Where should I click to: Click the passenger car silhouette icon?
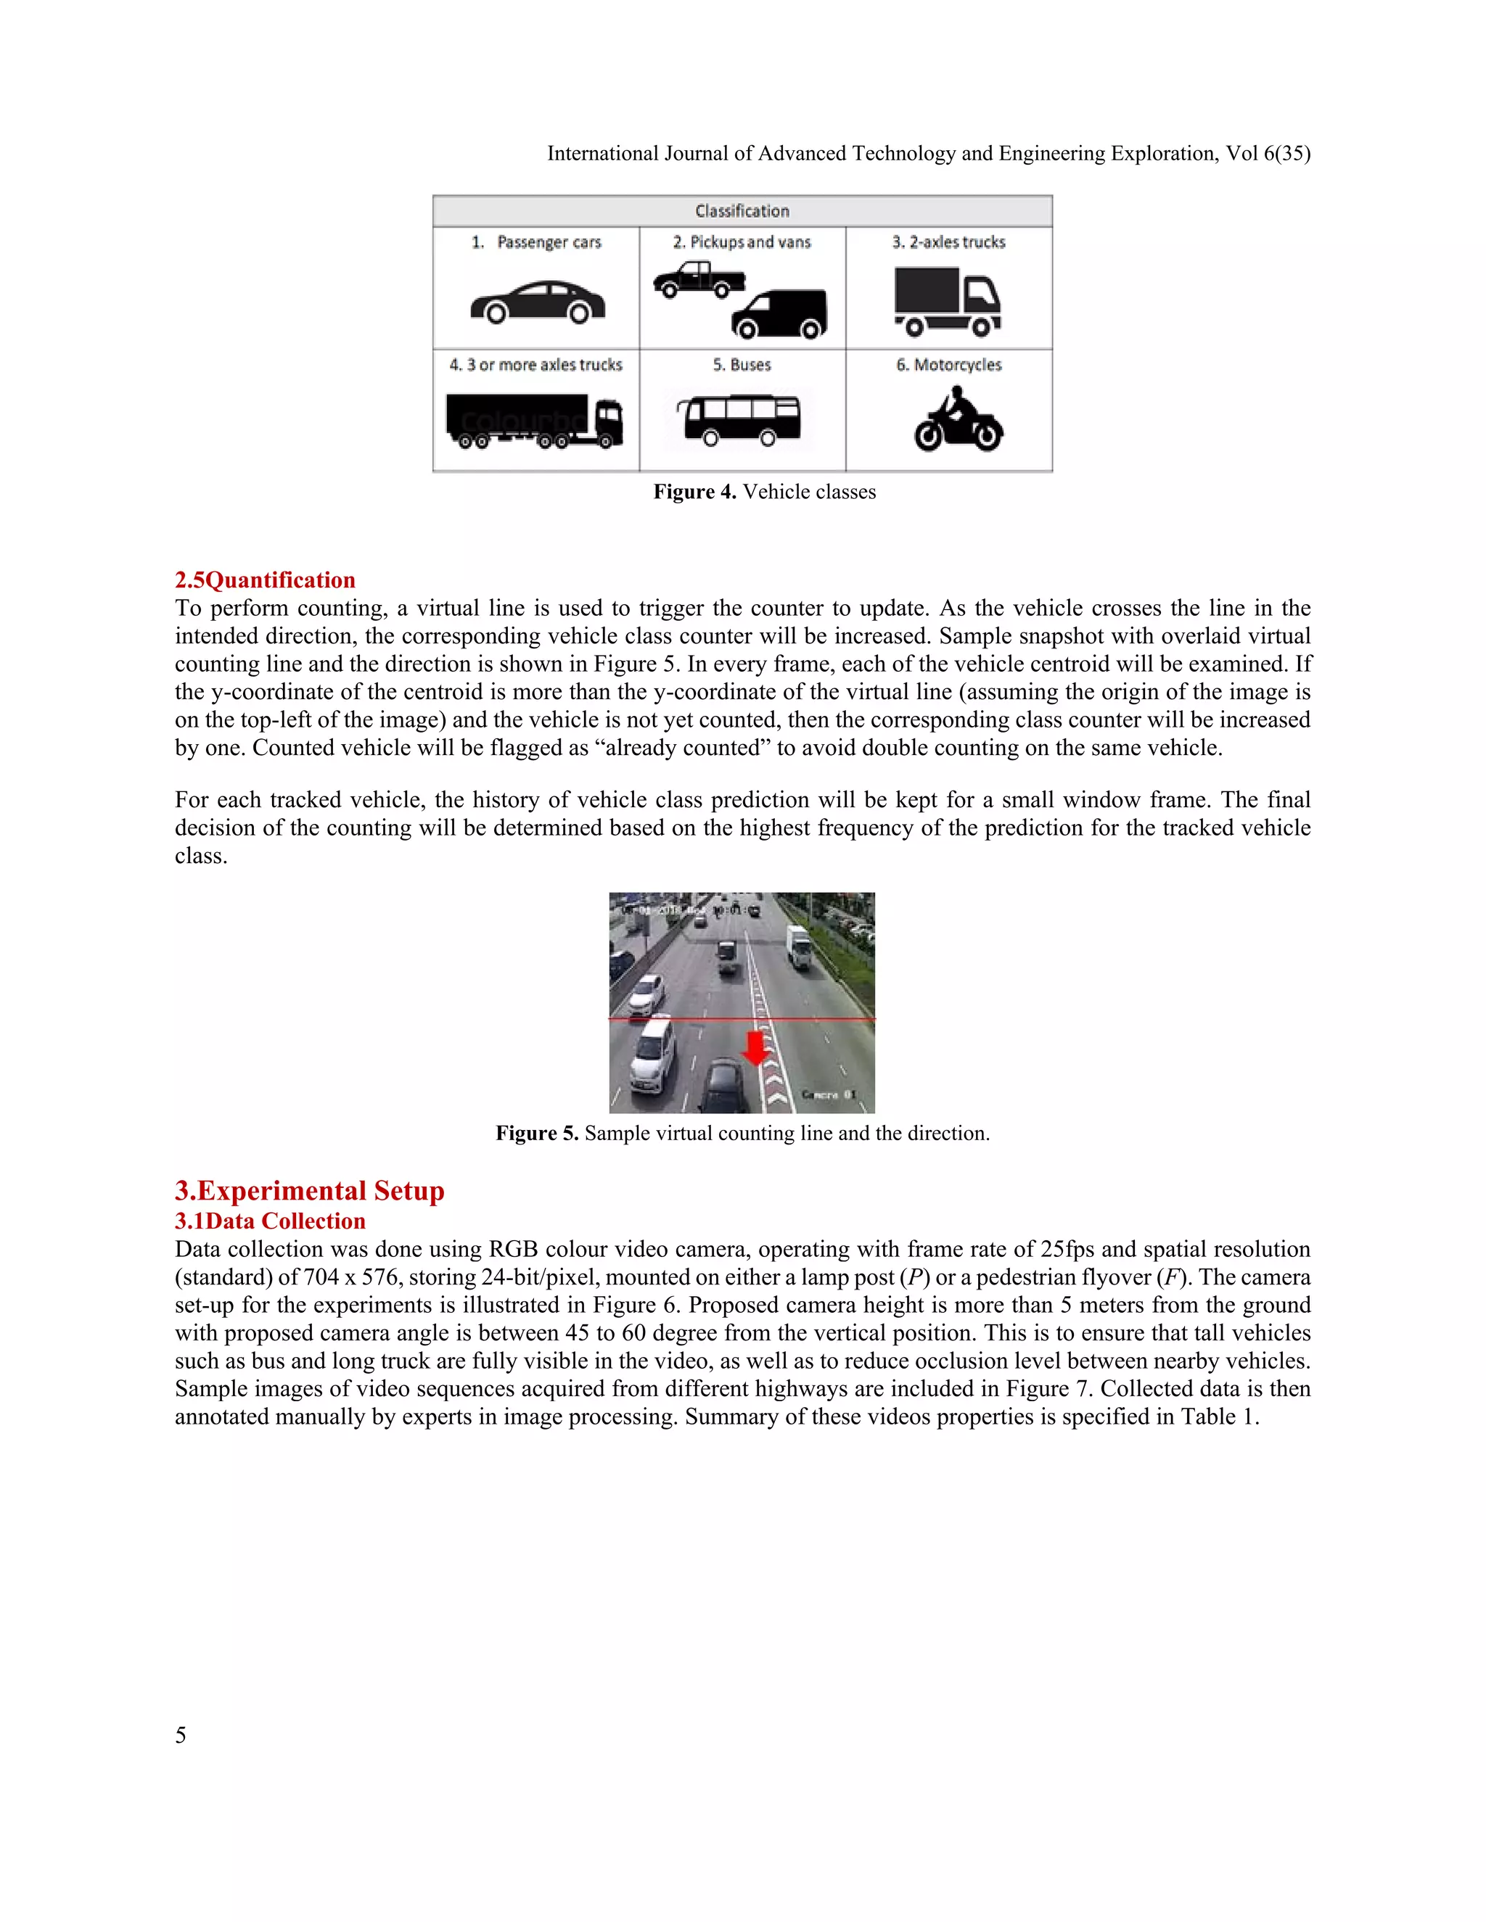537,302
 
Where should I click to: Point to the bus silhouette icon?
739,420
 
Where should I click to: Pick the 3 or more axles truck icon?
534,421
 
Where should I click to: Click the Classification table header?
742,211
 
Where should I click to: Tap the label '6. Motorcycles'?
948,364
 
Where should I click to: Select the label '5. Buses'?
742,364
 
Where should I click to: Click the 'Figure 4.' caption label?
694,492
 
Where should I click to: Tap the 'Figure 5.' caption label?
536,1134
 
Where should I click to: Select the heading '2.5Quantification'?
265,580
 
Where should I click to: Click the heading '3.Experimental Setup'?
309,1191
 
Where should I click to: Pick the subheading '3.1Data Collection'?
269,1221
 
